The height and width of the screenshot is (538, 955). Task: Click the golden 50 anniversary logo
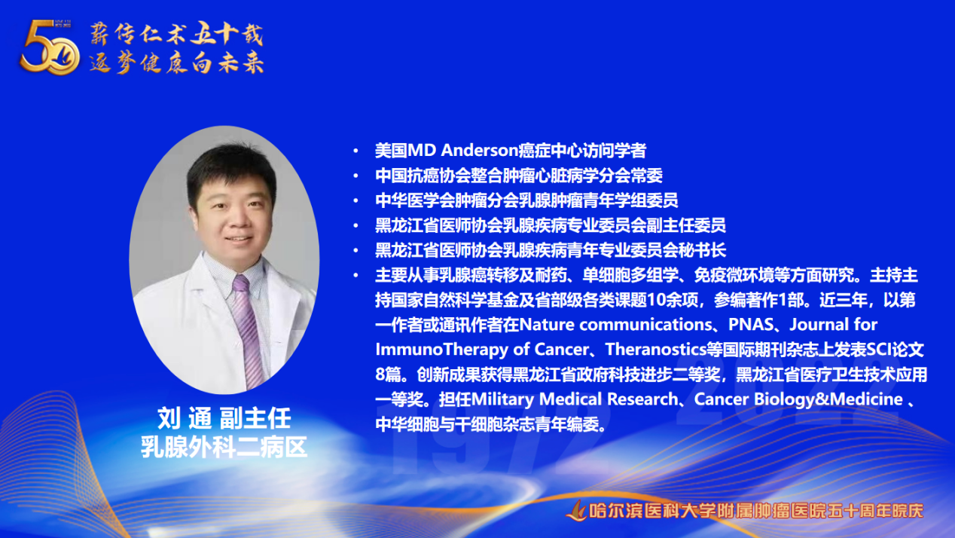[50, 47]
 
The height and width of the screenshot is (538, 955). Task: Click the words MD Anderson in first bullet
[463, 151]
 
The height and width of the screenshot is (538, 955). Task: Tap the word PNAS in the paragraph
[751, 325]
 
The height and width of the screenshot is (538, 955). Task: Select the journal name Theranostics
[656, 350]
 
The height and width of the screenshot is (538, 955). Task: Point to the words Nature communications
[615, 325]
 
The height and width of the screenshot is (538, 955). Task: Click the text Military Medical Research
[574, 399]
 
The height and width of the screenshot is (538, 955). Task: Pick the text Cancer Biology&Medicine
[798, 399]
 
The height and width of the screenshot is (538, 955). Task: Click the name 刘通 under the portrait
[185, 418]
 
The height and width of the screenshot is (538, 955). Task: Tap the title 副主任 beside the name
[255, 418]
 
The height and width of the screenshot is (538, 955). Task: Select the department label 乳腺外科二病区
[224, 448]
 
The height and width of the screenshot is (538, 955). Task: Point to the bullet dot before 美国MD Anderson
[356, 151]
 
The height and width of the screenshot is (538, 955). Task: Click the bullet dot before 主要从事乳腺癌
[356, 276]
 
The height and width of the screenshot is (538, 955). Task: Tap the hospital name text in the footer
[756, 511]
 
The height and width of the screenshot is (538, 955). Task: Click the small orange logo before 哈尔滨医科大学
[576, 511]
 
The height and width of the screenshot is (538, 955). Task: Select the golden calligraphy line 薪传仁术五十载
[176, 33]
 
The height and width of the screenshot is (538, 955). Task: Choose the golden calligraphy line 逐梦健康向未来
[176, 63]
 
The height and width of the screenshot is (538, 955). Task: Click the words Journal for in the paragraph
[834, 325]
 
